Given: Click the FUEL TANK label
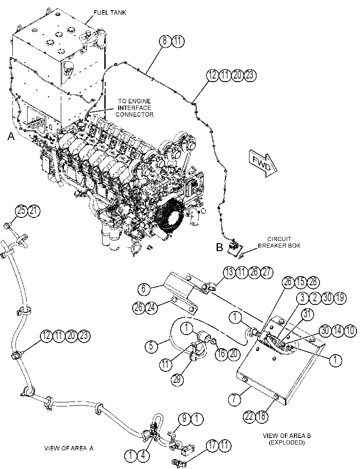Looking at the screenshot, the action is pyautogui.click(x=106, y=12).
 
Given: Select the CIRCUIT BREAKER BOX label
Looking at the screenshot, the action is pyautogui.click(x=279, y=242).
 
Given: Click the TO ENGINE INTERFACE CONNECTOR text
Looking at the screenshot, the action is pyautogui.click(x=135, y=108).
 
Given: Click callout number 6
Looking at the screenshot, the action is pyautogui.click(x=144, y=289).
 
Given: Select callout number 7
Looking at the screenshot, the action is pyautogui.click(x=234, y=399).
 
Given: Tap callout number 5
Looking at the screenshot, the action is pyautogui.click(x=151, y=346).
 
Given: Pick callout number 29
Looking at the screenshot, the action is pyautogui.click(x=178, y=379).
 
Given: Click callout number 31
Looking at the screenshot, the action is pyautogui.click(x=308, y=314).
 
